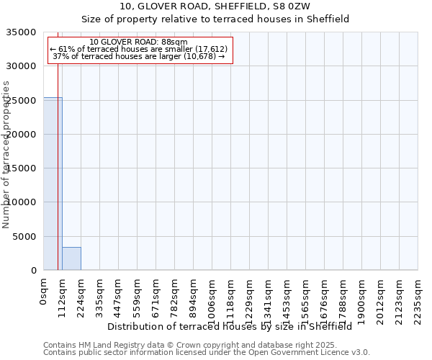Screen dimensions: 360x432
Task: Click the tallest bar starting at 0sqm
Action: pos(53,184)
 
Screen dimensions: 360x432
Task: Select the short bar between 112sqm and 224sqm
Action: pos(71,258)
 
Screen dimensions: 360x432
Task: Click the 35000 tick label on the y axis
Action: pos(22,32)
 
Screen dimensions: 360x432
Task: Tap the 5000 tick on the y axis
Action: pos(24,236)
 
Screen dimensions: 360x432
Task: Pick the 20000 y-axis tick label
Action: pos(22,135)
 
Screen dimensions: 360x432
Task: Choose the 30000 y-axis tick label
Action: pos(22,66)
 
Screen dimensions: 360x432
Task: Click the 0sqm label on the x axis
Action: pos(44,291)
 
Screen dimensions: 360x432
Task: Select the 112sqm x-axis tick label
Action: pos(63,294)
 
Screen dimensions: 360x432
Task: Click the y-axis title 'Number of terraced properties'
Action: pos(6,155)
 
